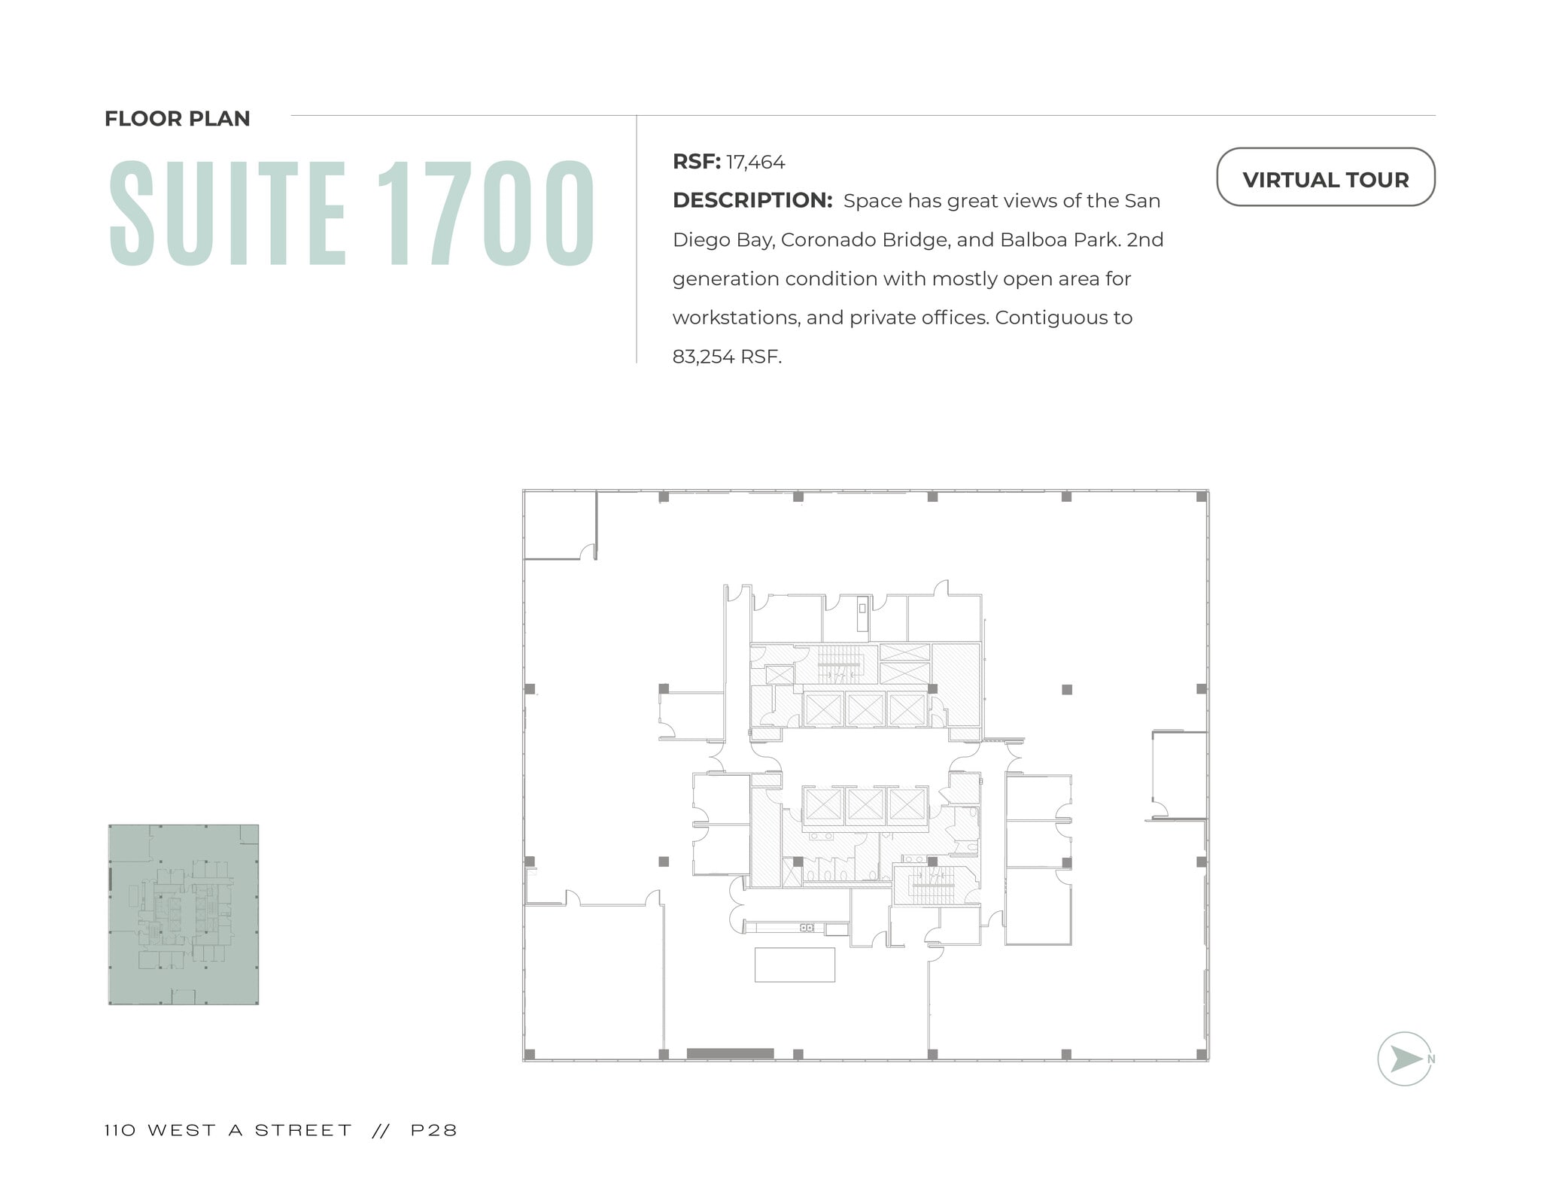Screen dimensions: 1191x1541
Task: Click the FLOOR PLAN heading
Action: click(177, 119)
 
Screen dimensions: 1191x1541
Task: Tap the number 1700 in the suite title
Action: click(485, 214)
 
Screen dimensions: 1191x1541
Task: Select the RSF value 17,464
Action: click(755, 163)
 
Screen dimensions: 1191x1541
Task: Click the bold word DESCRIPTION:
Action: click(752, 201)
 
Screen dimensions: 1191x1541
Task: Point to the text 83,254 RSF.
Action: click(726, 357)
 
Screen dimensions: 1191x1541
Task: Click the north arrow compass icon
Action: click(1403, 1058)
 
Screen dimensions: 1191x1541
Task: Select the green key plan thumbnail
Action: click(183, 914)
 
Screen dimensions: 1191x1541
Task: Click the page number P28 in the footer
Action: click(434, 1130)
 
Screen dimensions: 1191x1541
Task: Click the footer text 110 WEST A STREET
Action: click(228, 1130)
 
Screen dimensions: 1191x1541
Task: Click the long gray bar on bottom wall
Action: click(730, 1053)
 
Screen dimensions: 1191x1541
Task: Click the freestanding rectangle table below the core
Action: click(795, 965)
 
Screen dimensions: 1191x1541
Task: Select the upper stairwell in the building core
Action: click(835, 664)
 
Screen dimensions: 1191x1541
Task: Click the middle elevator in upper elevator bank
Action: click(865, 709)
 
